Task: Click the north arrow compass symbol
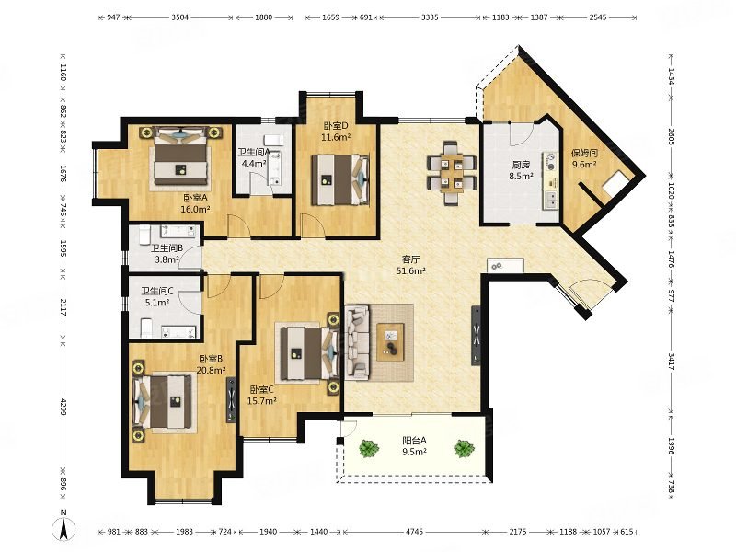[64, 525]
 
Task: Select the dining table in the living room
[452, 172]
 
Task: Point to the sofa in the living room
[358, 341]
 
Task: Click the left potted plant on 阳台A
[369, 448]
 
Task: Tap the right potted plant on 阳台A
[464, 448]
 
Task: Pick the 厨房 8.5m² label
[521, 170]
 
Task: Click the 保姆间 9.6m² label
[584, 158]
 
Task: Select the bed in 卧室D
[340, 179]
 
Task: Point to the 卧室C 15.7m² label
[262, 395]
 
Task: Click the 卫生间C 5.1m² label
[157, 296]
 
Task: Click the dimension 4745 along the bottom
[415, 532]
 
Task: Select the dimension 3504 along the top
[179, 17]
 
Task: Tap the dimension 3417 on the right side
[672, 362]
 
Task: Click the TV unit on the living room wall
[476, 336]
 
